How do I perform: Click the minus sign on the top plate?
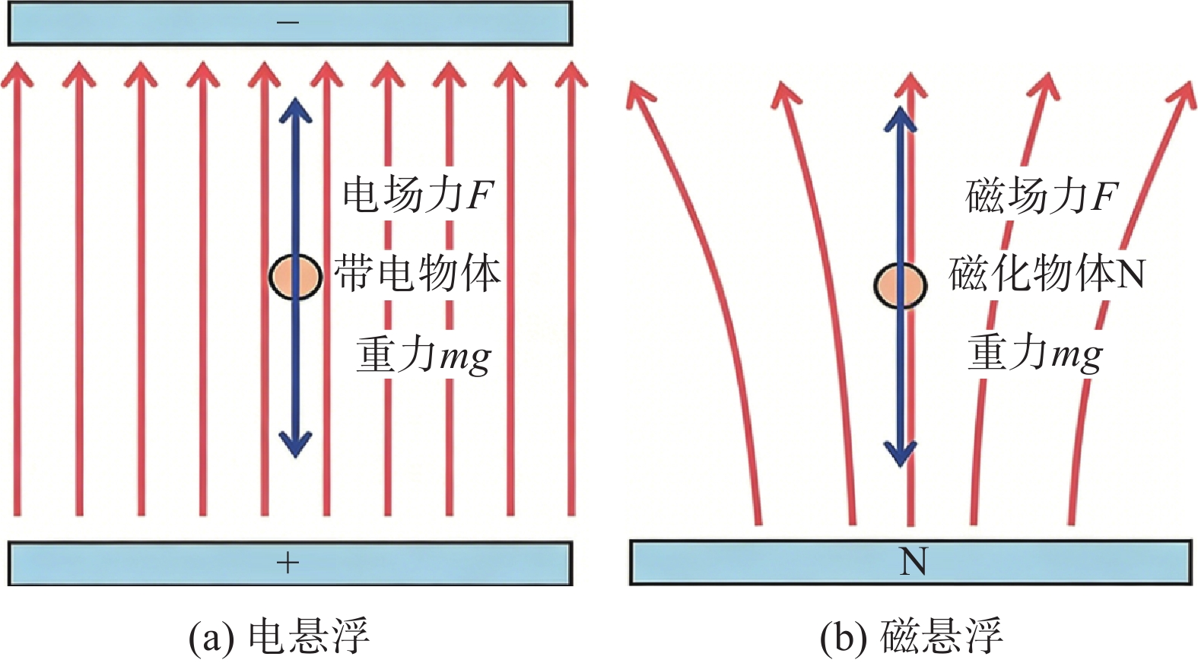tap(288, 23)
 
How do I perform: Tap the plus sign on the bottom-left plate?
tap(288, 563)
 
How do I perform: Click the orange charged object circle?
tap(295, 277)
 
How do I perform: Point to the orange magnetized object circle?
tap(901, 285)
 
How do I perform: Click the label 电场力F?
tap(417, 195)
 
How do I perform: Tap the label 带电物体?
tap(417, 273)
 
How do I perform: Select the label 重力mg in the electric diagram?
tap(424, 354)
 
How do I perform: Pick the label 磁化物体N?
tap(1047, 274)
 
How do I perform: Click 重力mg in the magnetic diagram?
tap(1035, 354)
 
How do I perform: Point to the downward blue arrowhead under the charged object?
tap(295, 443)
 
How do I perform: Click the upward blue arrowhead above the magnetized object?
tap(901, 119)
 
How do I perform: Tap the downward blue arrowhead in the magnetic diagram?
tap(901, 452)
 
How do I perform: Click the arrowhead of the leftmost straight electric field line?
tap(17, 74)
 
